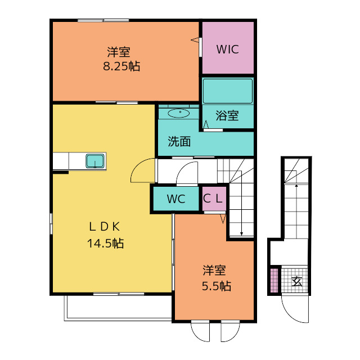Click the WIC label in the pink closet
(227, 49)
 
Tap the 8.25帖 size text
(121, 66)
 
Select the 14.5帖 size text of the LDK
(105, 243)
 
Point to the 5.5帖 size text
(217, 286)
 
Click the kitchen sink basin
(95, 161)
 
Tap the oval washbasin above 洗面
(179, 113)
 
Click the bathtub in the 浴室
(228, 91)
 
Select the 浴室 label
(227, 115)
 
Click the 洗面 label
(179, 141)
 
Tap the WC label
(176, 199)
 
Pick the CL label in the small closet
(213, 199)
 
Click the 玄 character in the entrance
(296, 281)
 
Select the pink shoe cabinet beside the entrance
(274, 280)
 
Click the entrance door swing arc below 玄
(290, 314)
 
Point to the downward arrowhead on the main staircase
(241, 234)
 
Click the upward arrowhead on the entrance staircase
(296, 185)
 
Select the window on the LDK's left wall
(51, 224)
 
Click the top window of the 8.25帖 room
(103, 20)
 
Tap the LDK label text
(105, 227)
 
